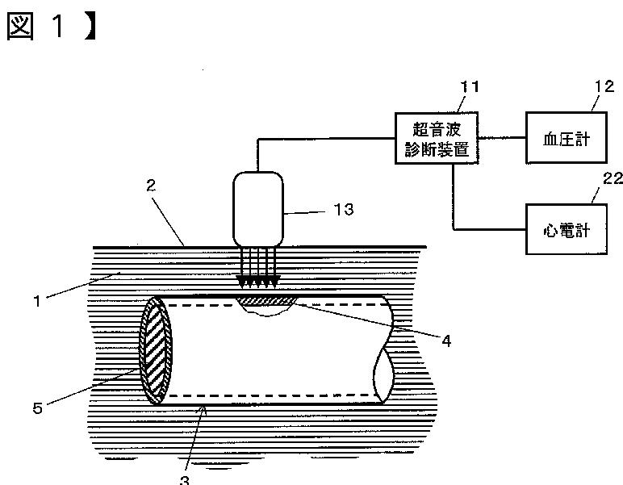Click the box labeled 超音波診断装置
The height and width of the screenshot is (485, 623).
[x=437, y=138]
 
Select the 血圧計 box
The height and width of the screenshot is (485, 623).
[x=567, y=138]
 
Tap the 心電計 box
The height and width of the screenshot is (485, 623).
[x=567, y=229]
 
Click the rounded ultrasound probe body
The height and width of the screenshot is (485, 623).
[x=258, y=209]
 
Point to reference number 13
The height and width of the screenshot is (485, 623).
[x=344, y=209]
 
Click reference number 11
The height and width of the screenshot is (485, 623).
[x=470, y=86]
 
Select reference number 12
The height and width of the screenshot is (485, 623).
[x=604, y=86]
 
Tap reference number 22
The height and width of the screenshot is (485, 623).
[x=613, y=178]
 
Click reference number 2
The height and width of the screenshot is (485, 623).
[x=151, y=186]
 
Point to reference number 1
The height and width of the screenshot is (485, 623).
[x=37, y=301]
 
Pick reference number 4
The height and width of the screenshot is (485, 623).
[x=446, y=341]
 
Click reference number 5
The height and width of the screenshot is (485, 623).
[x=37, y=408]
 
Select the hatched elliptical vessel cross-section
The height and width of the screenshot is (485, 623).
[x=156, y=350]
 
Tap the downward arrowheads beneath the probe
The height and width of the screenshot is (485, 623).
[x=258, y=281]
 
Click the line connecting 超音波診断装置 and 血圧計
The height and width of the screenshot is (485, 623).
[x=502, y=138]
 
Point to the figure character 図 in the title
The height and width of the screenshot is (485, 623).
[x=20, y=26]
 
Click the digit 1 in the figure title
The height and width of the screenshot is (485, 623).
[x=58, y=26]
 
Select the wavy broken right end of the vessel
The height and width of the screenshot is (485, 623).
[x=384, y=349]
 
